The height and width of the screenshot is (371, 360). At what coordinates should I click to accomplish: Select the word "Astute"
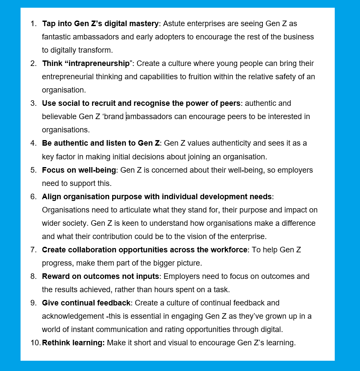[175, 24]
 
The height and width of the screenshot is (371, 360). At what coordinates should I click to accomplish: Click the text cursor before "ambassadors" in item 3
[126, 117]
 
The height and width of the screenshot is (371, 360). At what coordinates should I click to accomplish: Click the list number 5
[33, 170]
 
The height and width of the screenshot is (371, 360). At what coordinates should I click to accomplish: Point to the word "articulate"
[125, 210]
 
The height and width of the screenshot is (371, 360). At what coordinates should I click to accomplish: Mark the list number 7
[33, 250]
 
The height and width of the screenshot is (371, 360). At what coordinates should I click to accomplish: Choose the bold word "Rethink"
[56, 343]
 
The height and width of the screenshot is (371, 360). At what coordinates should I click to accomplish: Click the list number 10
[35, 343]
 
